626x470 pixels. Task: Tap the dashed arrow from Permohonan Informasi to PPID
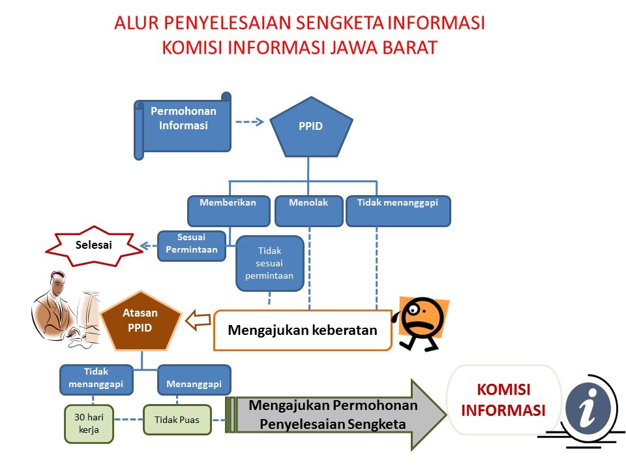pyautogui.click(x=248, y=121)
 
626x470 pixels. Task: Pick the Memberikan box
pyautogui.click(x=228, y=210)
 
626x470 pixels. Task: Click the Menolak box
pyautogui.click(x=308, y=210)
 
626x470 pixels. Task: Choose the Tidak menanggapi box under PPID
pyautogui.click(x=398, y=210)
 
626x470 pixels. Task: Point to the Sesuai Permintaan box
pyautogui.click(x=192, y=245)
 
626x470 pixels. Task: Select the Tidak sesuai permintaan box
pyautogui.click(x=270, y=263)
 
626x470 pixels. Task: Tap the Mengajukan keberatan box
pyautogui.click(x=303, y=330)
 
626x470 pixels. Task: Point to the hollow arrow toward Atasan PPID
pyautogui.click(x=198, y=321)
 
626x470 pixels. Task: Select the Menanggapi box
pyautogui.click(x=194, y=379)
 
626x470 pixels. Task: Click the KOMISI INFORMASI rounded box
pyautogui.click(x=503, y=399)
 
